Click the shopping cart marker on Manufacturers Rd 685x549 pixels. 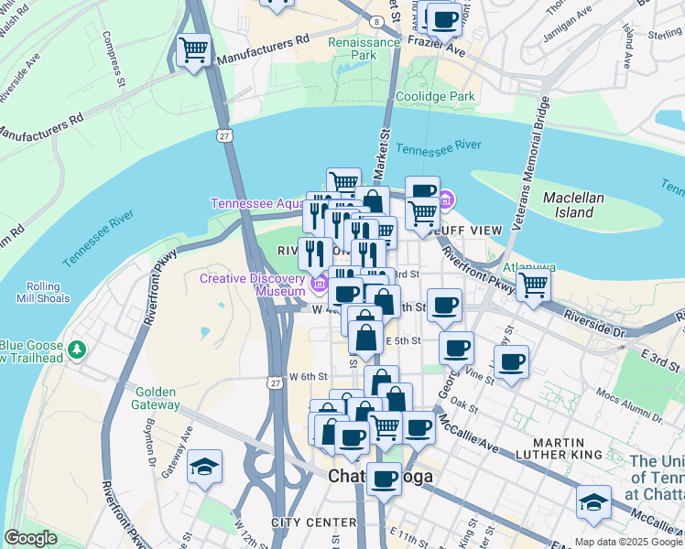pos(193,49)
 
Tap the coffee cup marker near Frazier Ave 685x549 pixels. pos(445,19)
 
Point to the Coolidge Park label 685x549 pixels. pos(435,96)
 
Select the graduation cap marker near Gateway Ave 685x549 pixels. pos(204,468)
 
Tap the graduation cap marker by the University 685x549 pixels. pos(593,502)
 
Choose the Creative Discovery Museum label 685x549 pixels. pos(253,285)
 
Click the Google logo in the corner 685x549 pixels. pos(30,538)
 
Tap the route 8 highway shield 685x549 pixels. pos(376,21)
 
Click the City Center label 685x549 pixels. pos(313,522)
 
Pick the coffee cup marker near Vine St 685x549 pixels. pos(512,361)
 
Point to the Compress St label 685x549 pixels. pos(114,59)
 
